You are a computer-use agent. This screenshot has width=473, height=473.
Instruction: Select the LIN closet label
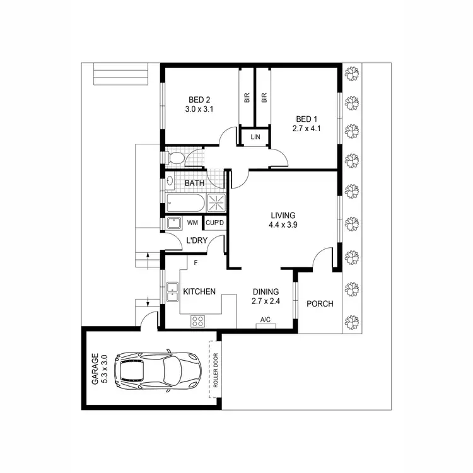[255, 137]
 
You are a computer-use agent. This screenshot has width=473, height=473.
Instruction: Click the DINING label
[266, 291]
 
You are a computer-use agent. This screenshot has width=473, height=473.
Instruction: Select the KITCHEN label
[199, 292]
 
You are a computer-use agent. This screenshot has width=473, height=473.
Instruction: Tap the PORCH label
[320, 304]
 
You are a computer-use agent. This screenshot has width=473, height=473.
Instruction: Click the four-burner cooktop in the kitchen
[197, 320]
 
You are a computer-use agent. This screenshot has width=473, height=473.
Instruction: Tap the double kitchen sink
[171, 292]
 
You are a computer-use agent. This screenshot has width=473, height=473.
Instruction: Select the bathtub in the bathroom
[185, 203]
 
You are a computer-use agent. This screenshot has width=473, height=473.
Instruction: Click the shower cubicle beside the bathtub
[215, 202]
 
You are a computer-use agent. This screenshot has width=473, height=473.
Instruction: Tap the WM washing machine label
[192, 223]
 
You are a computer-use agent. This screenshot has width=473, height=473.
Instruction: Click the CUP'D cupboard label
[215, 223]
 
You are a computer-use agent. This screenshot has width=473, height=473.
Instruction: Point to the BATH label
[195, 184]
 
